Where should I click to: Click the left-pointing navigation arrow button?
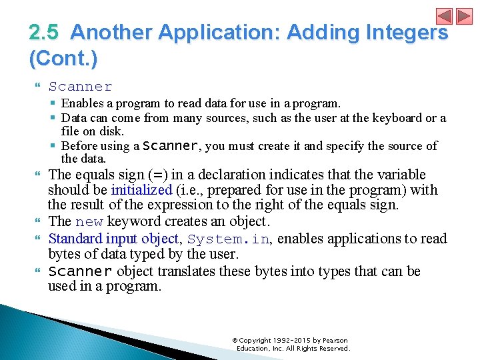[445, 16]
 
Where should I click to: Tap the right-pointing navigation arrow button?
[464, 16]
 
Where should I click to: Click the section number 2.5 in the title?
[45, 32]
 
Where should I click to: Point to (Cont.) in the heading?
[63, 59]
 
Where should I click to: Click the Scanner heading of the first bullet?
[80, 87]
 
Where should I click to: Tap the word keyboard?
[390, 118]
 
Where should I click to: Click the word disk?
[112, 131]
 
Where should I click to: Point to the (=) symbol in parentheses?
[158, 175]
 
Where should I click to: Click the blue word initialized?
[141, 190]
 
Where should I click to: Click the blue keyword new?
[89, 222]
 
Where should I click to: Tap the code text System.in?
[229, 239]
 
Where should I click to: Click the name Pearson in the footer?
[335, 341]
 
